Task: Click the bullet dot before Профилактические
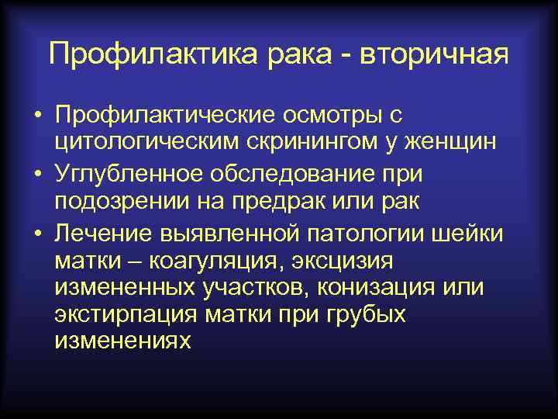(x=37, y=116)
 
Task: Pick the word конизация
(x=377, y=288)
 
